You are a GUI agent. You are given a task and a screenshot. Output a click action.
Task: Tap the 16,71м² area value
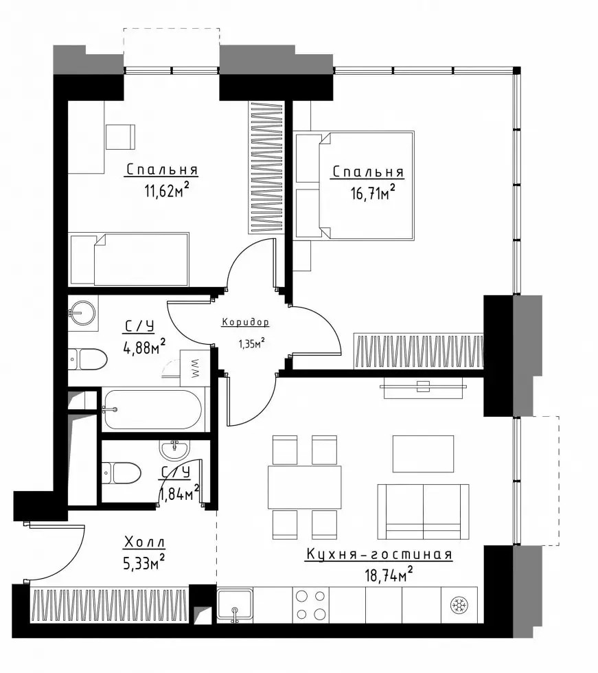373,192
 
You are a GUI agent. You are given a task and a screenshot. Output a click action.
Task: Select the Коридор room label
245,322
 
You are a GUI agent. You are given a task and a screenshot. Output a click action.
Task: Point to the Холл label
145,543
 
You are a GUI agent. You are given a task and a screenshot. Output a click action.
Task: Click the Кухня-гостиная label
379,554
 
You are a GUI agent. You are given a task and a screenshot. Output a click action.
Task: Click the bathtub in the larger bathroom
153,410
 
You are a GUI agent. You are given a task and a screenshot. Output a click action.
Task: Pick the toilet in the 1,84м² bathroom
122,473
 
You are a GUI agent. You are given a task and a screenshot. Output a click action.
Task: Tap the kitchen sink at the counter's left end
234,605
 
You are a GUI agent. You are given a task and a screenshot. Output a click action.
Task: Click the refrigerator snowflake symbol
459,606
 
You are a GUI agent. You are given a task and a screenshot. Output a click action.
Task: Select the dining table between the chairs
305,487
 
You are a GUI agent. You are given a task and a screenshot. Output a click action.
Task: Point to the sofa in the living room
423,512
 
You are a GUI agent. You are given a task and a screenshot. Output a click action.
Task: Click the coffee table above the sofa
424,454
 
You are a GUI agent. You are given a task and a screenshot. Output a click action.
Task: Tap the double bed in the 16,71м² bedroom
355,185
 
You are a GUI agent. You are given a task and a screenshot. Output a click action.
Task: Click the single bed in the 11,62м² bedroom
128,260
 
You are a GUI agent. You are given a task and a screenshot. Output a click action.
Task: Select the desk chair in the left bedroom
121,137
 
